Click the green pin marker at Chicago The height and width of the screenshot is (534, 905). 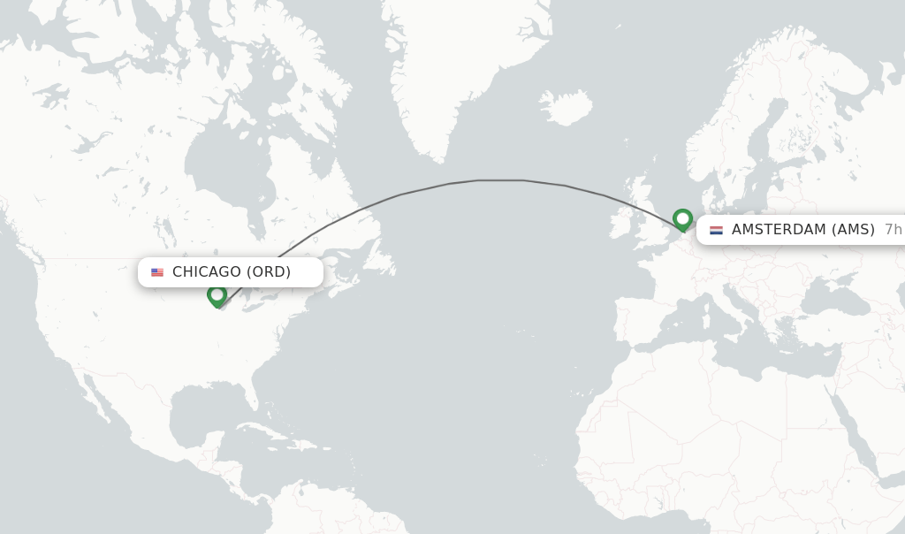point(217,295)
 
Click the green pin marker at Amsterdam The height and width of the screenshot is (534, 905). point(682,218)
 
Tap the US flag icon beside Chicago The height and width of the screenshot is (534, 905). point(157,272)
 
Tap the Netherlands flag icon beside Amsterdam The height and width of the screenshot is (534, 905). point(716,230)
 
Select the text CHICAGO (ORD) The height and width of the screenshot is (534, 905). point(232,272)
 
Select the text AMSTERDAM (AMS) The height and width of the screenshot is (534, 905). point(802,230)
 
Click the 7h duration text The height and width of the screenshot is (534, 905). point(893,230)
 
